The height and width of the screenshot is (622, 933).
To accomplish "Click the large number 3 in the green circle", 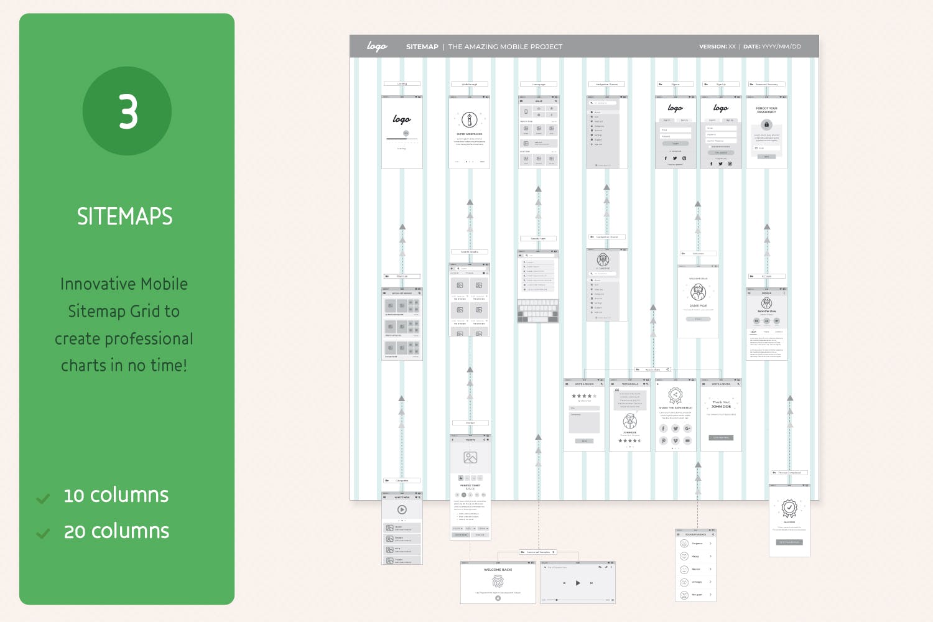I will tap(128, 111).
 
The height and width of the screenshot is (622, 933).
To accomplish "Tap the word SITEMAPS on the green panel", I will tap(125, 216).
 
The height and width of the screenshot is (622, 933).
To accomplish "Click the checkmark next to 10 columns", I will tap(43, 498).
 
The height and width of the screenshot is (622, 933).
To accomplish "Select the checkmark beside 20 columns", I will tap(43, 534).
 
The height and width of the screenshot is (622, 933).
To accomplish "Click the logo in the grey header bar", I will tap(377, 47).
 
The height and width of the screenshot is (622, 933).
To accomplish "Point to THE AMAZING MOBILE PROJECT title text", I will tap(505, 47).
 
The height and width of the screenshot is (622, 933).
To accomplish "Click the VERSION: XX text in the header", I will tap(717, 47).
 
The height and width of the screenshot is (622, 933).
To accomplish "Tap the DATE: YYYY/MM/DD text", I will tap(772, 47).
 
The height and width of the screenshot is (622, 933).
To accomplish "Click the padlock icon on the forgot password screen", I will tap(766, 124).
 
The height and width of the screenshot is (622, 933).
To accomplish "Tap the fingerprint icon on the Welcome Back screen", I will tap(498, 581).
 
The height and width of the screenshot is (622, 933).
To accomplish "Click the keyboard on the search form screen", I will tap(538, 311).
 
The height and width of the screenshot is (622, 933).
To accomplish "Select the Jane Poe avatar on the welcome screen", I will tap(698, 292).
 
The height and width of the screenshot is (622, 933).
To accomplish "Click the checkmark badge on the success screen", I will tap(789, 508).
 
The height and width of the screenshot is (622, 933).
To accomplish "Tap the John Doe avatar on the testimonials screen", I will tap(630, 420).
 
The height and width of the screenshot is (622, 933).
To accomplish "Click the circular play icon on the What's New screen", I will tap(402, 509).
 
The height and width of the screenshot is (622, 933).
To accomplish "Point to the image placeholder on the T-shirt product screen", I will tap(470, 458).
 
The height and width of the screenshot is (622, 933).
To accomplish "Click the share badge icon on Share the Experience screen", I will tap(675, 395).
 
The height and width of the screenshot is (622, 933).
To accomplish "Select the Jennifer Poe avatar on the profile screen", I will tap(766, 303).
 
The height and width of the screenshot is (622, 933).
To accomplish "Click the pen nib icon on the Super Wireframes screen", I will tap(470, 119).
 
